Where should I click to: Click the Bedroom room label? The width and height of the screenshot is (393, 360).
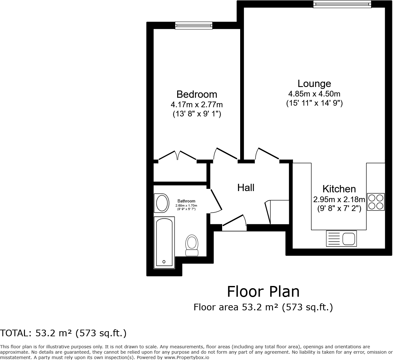(x=196, y=94)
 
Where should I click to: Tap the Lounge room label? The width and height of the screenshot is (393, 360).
(x=314, y=84)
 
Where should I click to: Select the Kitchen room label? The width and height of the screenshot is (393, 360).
(x=339, y=189)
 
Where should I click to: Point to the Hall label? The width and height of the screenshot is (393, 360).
(x=246, y=188)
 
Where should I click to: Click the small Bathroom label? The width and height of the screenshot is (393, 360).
(x=186, y=201)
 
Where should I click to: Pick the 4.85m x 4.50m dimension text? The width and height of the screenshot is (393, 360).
(x=314, y=94)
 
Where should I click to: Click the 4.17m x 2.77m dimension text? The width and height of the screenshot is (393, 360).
(x=196, y=104)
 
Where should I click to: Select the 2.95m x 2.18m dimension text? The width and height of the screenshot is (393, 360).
(x=339, y=200)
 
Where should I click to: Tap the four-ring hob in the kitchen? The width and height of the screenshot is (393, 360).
(x=376, y=202)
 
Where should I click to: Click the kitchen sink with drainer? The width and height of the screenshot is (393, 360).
(x=341, y=239)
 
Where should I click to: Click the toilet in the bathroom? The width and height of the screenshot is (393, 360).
(x=191, y=245)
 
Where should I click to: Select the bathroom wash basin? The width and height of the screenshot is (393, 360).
(x=162, y=203)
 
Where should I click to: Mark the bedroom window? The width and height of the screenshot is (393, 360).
(x=194, y=26)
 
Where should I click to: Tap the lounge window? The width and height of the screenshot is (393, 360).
(x=342, y=4)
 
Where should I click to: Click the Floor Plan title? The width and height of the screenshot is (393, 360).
(x=263, y=292)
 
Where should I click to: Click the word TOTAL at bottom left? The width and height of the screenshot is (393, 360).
(x=14, y=333)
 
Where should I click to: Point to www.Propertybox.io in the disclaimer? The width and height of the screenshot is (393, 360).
(x=187, y=357)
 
